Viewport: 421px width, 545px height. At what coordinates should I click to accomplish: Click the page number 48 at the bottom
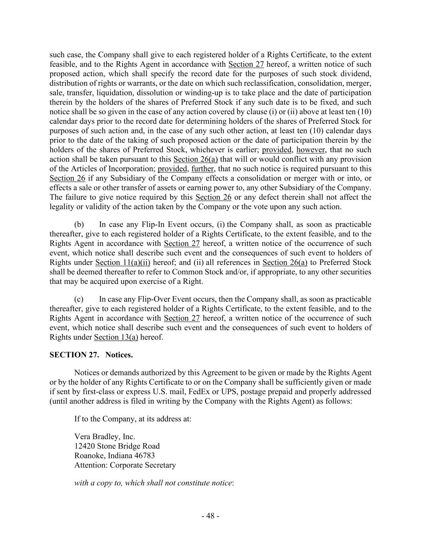[x=210, y=516]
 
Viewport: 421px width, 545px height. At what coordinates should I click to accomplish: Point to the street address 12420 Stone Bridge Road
[x=117, y=446]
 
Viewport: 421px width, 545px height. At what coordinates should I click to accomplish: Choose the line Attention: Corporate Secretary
[x=125, y=465]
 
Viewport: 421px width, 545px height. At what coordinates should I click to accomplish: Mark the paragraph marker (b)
[x=79, y=224]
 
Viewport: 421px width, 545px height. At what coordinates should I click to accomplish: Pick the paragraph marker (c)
[x=79, y=299]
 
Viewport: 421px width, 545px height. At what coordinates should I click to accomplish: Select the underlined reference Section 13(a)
[x=116, y=337]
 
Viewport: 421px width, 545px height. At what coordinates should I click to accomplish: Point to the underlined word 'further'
[x=203, y=168]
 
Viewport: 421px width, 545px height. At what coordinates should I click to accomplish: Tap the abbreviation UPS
[x=229, y=391]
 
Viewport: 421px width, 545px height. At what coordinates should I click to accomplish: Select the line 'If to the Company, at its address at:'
[x=132, y=419]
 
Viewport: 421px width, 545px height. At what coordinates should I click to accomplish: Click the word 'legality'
[x=63, y=207]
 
